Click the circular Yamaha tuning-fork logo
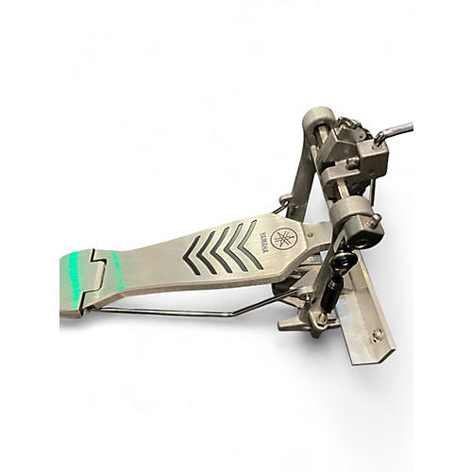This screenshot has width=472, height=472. pyautogui.click(x=283, y=239)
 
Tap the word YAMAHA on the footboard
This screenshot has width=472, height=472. pyautogui.click(x=264, y=242)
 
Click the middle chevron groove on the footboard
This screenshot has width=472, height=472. pyautogui.click(x=220, y=250)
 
